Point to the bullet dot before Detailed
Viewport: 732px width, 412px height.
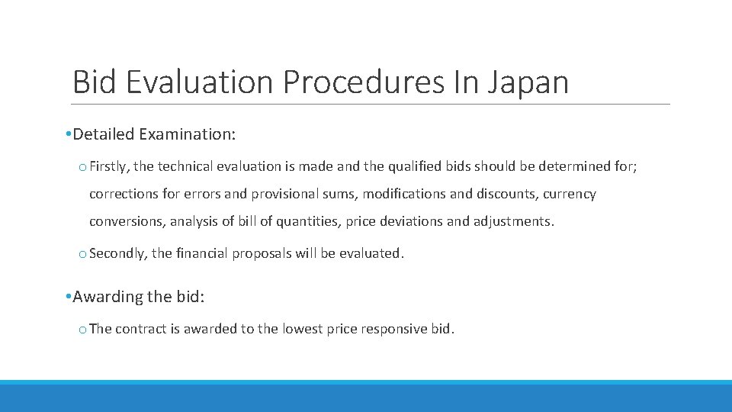(x=69, y=135)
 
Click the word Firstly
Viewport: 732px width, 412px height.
(x=109, y=166)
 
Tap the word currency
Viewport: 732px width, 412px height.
(x=570, y=194)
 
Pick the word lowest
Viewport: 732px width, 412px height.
(x=303, y=330)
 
